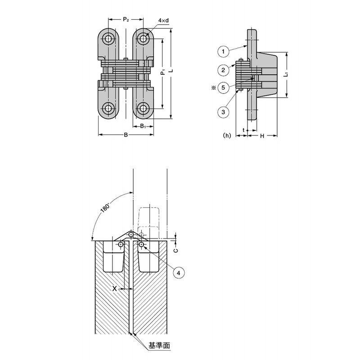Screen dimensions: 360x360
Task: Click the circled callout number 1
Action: [x=223, y=51]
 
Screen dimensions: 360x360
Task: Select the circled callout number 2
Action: [x=223, y=70]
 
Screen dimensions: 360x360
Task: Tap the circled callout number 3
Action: [x=223, y=112]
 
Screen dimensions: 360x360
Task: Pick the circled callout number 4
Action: [x=179, y=273]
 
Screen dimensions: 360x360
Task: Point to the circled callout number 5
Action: [x=223, y=87]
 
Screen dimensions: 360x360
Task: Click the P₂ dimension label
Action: [x=126, y=19]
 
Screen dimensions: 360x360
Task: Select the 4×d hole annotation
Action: [x=163, y=20]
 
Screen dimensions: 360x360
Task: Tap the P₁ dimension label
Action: [x=163, y=72]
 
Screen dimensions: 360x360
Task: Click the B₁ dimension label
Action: [x=143, y=126]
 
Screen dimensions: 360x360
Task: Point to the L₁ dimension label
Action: [x=286, y=74]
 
